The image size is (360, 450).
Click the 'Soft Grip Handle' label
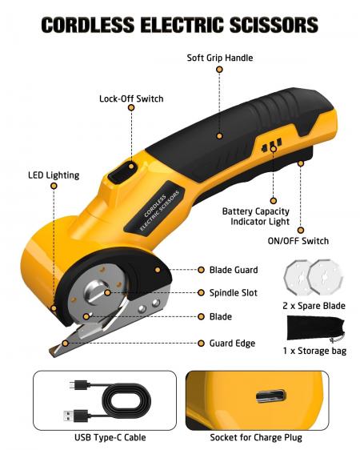click(x=220, y=58)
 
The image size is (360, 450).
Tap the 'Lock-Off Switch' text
click(x=131, y=98)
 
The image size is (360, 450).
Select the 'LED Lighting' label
click(x=54, y=175)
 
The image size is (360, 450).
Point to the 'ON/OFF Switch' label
click(x=298, y=241)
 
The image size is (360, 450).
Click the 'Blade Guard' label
click(x=234, y=270)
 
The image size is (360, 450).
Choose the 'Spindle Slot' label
click(x=234, y=293)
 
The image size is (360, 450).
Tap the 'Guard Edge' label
click(x=232, y=344)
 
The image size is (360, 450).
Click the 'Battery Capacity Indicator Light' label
click(x=256, y=216)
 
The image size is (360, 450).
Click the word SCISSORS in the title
click(x=274, y=24)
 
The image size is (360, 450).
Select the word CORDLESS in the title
click(x=88, y=24)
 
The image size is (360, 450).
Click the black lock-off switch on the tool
click(x=122, y=171)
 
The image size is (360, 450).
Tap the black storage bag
click(x=315, y=328)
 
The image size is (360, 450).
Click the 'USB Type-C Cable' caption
click(x=110, y=437)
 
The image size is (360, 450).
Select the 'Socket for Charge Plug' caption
click(x=256, y=437)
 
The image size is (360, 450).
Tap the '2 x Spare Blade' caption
click(x=314, y=306)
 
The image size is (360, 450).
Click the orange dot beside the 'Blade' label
click(x=202, y=316)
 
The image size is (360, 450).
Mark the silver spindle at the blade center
click(x=97, y=291)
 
